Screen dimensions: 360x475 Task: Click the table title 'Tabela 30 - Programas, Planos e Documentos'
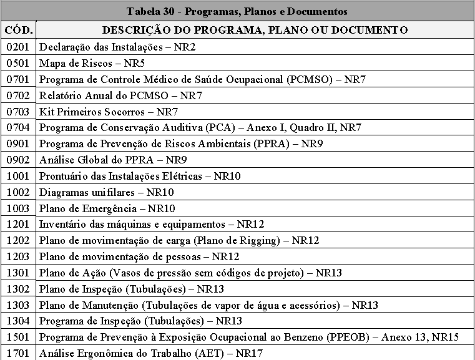tap(237, 12)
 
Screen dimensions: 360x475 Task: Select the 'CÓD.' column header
tap(19, 30)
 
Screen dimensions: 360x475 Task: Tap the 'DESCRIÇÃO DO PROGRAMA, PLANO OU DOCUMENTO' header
tap(255, 30)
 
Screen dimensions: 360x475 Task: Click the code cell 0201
tap(19, 47)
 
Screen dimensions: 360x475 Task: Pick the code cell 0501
tap(19, 63)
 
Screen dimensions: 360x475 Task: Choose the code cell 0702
tap(19, 95)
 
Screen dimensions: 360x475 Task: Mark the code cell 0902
tap(19, 160)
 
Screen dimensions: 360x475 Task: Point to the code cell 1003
tap(19, 208)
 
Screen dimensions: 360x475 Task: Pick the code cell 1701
tap(19, 353)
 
